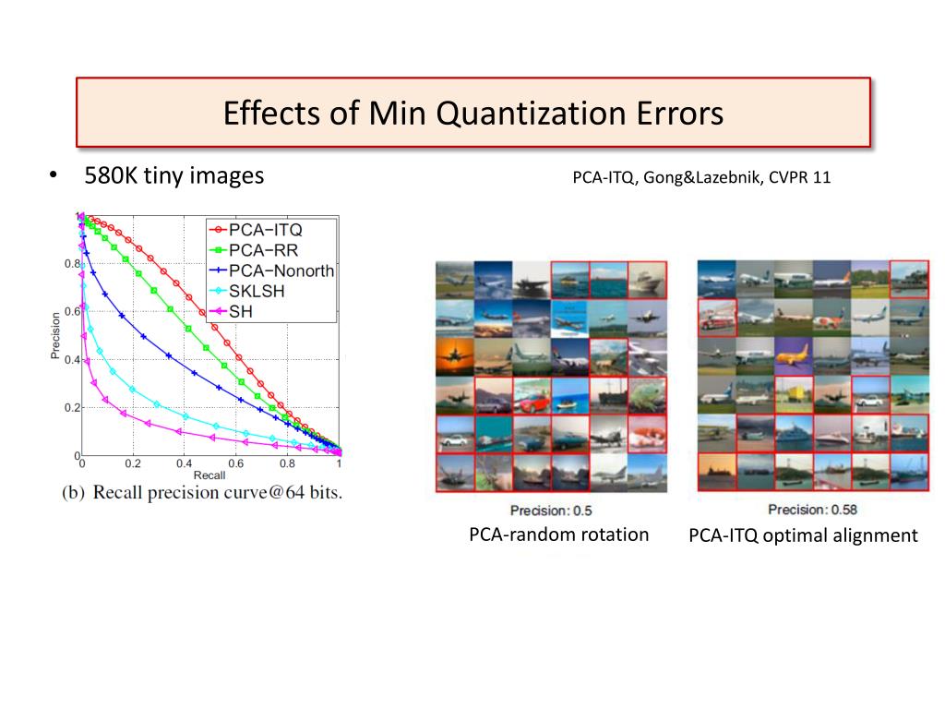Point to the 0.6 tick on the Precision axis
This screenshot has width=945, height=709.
pyautogui.click(x=72, y=312)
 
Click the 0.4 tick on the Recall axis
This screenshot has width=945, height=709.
pyautogui.click(x=185, y=463)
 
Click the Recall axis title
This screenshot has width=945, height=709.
pyautogui.click(x=209, y=475)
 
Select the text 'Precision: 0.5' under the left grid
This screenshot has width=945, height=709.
pyautogui.click(x=551, y=511)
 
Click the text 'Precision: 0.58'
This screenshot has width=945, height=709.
pyautogui.click(x=811, y=510)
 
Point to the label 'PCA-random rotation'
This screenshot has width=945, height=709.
pyautogui.click(x=558, y=535)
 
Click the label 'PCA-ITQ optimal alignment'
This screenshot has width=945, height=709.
pyautogui.click(x=803, y=535)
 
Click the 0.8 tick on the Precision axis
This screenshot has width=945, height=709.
pyautogui.click(x=72, y=264)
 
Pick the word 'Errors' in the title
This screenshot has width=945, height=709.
pyautogui.click(x=677, y=114)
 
